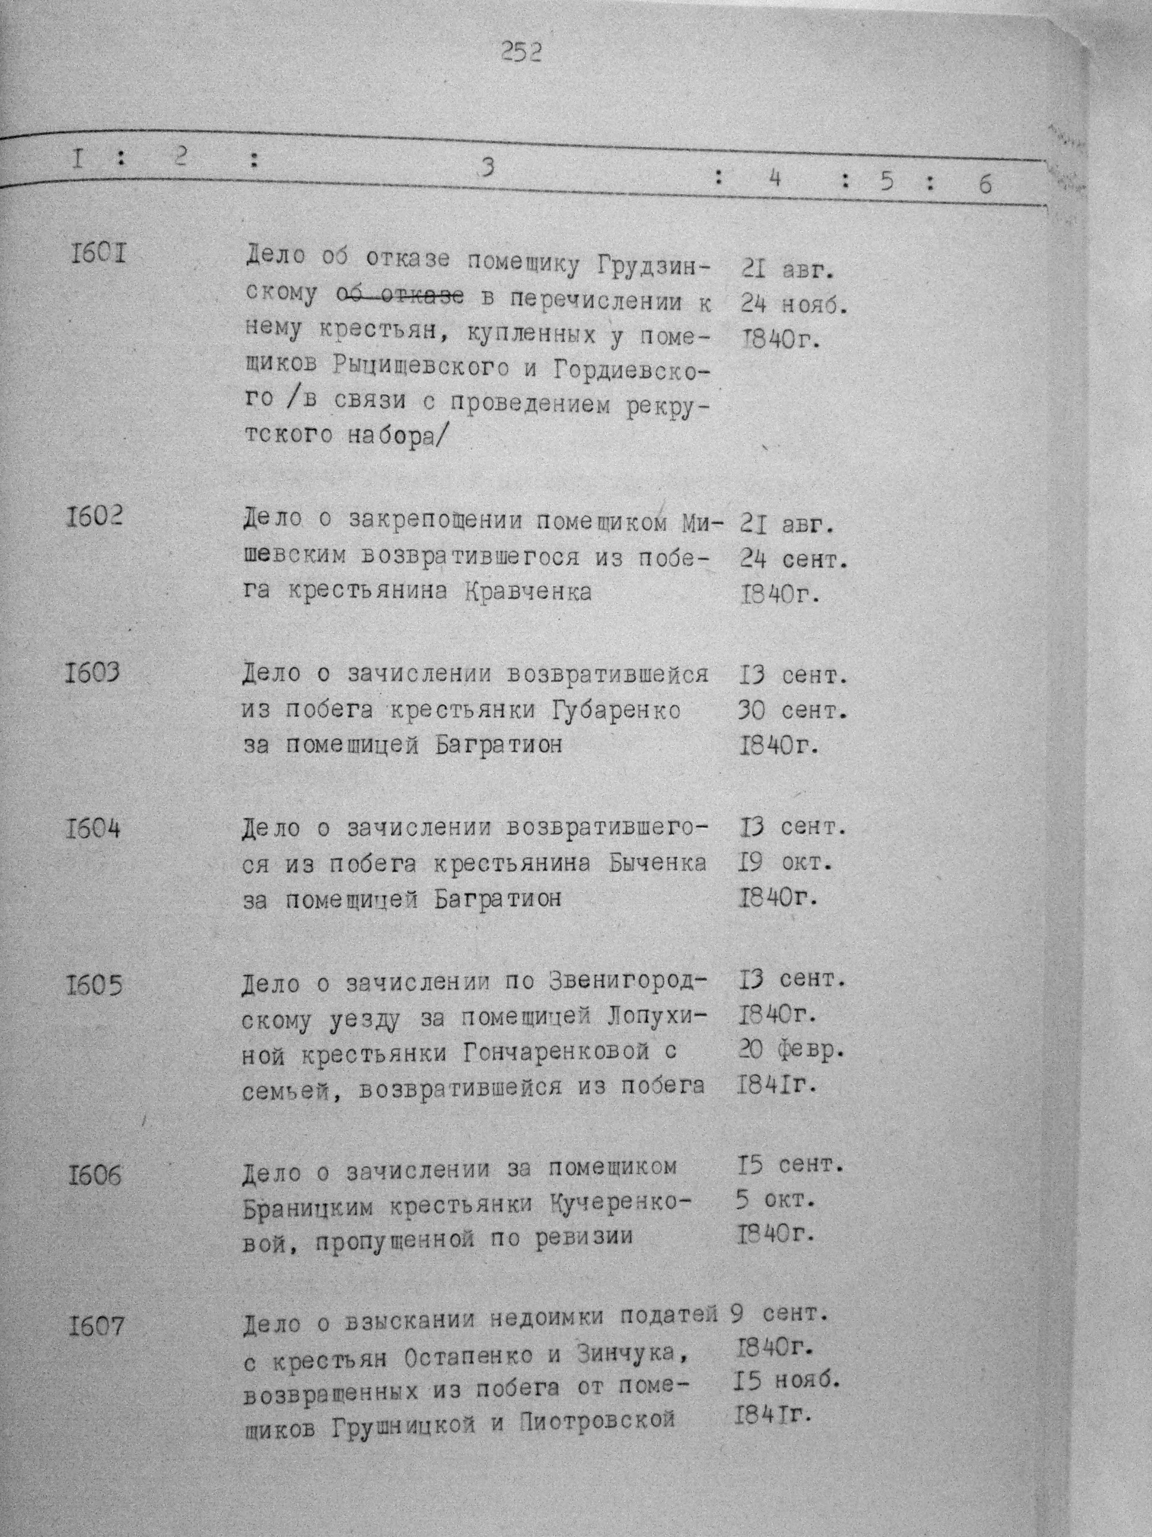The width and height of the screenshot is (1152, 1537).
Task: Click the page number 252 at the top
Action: click(x=521, y=52)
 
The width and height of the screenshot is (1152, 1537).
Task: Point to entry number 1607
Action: click(x=96, y=1326)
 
